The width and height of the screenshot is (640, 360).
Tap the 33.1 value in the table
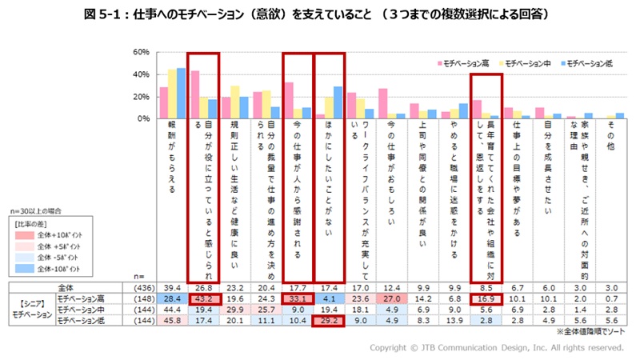(x=297, y=298)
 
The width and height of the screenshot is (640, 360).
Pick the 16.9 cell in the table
(x=485, y=298)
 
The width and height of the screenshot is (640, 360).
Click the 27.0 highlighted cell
(x=391, y=298)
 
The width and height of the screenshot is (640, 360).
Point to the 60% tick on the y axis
(x=141, y=52)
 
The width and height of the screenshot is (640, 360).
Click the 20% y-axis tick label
(x=141, y=96)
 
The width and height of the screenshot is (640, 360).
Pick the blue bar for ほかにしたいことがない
(x=337, y=102)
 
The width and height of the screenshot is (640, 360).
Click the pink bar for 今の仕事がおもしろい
(x=382, y=103)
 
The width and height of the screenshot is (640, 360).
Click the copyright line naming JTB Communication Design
(x=496, y=347)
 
